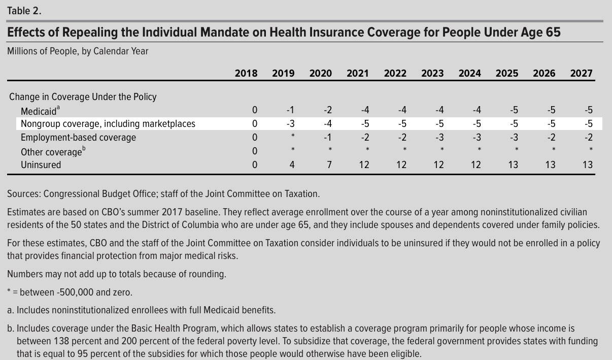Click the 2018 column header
[246, 73]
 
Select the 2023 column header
[432, 73]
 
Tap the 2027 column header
[581, 73]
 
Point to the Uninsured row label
[41, 165]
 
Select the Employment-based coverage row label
[78, 138]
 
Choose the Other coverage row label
[51, 152]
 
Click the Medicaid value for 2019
[290, 110]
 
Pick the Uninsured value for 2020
[329, 165]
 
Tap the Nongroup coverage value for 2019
[290, 124]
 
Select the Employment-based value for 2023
[439, 138]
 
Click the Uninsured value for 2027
[587, 165]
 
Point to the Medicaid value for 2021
[365, 110]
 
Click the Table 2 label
[23, 10]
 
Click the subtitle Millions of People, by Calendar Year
[78, 51]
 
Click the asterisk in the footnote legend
[9, 292]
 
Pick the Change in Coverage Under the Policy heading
[83, 97]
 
